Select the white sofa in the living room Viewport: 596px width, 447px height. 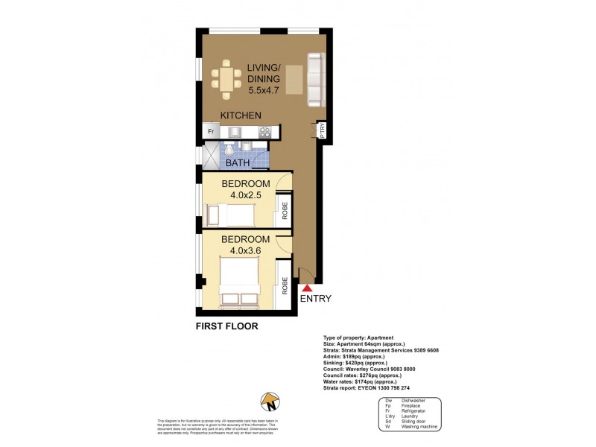click(316, 80)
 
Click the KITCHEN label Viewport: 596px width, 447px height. click(239, 115)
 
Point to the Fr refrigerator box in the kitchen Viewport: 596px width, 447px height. click(211, 132)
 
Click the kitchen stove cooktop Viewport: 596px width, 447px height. click(264, 132)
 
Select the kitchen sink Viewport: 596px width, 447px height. click(236, 132)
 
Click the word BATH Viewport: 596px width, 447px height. click(238, 162)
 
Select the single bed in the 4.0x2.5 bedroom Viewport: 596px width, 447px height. click(231, 216)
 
